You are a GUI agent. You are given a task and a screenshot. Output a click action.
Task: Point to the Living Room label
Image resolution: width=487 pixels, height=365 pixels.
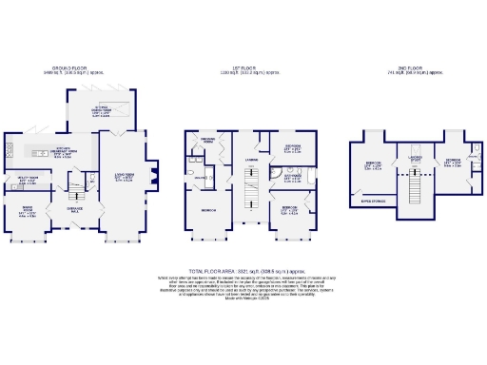pos(125,175)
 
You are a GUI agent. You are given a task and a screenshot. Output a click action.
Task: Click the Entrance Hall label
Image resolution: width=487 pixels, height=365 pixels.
pos(74,207)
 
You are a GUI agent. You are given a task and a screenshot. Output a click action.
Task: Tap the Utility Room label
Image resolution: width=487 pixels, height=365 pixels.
pos(27,179)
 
